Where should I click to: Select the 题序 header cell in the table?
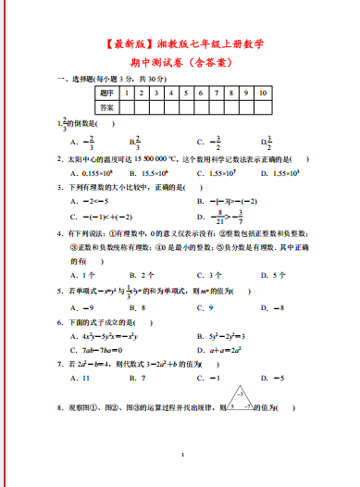pyautogui.click(x=107, y=94)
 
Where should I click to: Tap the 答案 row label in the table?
pyautogui.click(x=107, y=107)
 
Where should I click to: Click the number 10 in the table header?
pyautogui.click(x=265, y=94)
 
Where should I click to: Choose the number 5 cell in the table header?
pyautogui.click(x=186, y=94)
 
